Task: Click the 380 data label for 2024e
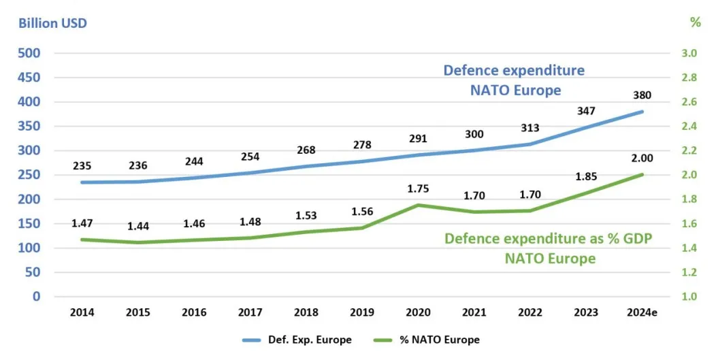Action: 641,96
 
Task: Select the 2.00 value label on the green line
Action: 641,158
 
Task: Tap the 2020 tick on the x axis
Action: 417,312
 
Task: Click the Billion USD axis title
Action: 53,23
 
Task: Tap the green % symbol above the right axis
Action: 695,22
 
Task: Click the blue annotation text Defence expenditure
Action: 514,70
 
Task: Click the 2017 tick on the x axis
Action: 249,312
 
